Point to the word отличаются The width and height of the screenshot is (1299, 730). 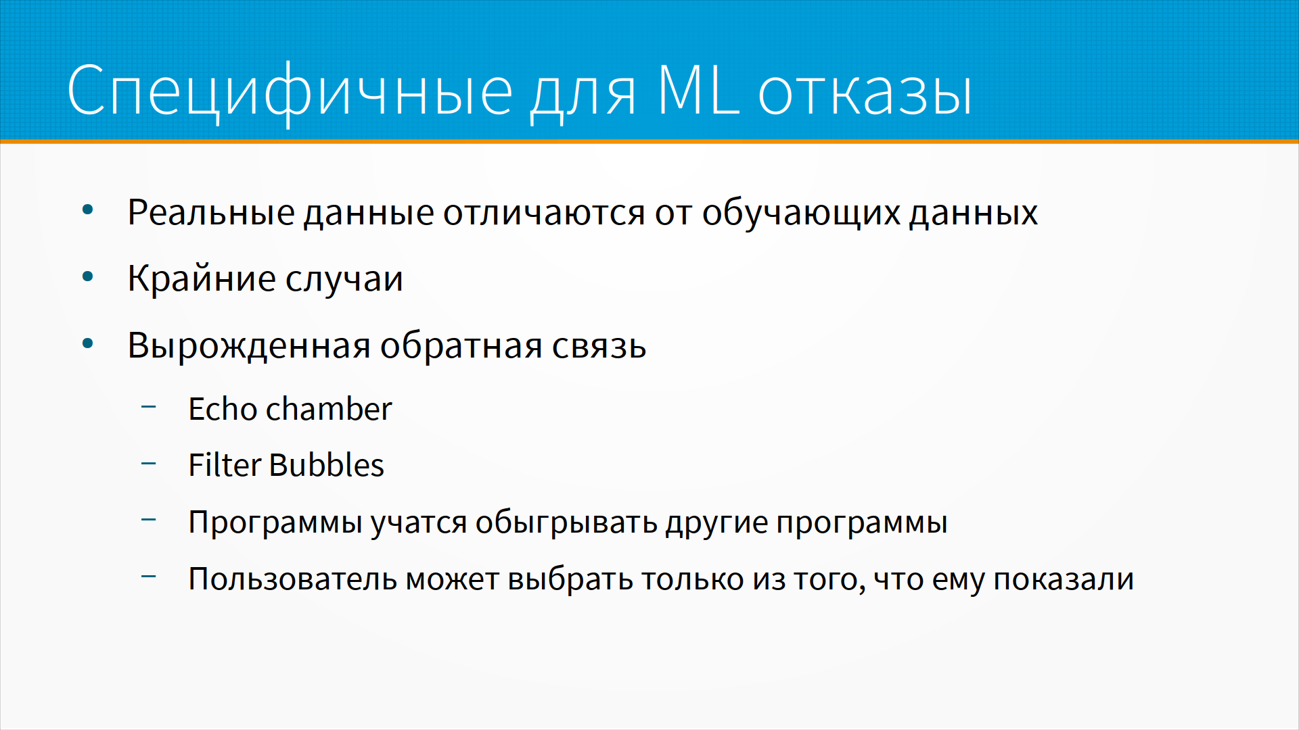point(544,213)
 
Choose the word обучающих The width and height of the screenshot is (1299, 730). point(801,214)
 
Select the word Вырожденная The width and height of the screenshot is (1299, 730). point(249,346)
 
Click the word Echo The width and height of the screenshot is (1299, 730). point(223,409)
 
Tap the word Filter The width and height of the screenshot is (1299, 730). point(225,465)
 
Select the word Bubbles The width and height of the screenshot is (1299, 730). point(327,465)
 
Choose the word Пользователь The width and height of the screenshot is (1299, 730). point(292,579)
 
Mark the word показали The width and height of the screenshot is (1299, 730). point(1064,580)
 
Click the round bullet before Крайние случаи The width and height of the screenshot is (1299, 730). point(87,276)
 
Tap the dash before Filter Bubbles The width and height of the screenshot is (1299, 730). point(149,463)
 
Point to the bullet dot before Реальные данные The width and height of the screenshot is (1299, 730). point(87,210)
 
